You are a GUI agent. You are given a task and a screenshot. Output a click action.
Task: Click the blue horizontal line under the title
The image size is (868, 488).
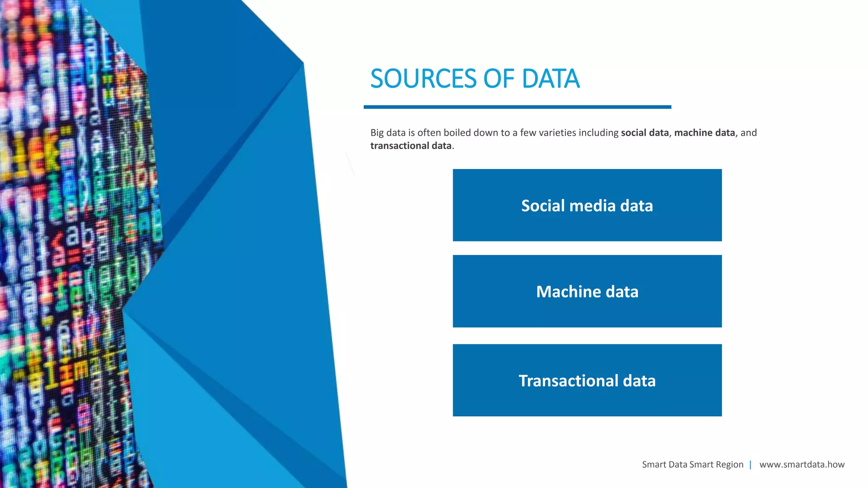(517, 107)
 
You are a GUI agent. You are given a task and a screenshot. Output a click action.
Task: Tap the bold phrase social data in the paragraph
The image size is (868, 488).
(645, 133)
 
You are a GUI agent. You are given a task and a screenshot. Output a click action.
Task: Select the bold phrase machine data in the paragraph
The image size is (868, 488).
(704, 133)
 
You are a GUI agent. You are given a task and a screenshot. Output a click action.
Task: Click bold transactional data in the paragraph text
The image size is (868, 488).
(411, 146)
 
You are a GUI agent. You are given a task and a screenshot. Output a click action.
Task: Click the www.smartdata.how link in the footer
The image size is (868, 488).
(802, 465)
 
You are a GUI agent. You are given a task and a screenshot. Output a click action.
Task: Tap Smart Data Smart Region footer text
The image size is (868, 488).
(693, 465)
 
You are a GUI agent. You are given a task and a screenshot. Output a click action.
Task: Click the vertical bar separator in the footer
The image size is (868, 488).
(751, 465)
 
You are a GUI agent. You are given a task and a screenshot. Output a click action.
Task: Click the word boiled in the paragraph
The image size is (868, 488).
(457, 133)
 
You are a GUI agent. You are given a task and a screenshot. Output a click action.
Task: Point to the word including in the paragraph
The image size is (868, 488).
(598, 133)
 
